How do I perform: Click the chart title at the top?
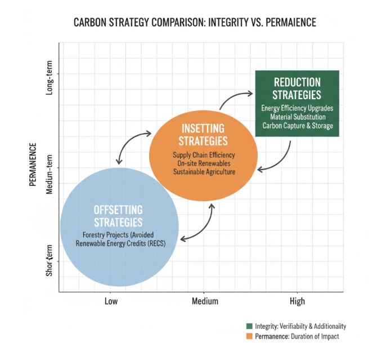click(193, 24)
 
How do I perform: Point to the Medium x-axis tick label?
click(205, 301)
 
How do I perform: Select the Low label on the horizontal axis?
click(111, 301)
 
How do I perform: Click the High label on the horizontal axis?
click(297, 301)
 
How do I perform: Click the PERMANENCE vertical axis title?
click(33, 165)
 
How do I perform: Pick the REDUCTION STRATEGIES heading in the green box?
click(297, 88)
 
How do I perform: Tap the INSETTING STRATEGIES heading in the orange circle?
click(203, 134)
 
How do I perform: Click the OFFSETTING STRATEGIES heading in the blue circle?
click(118, 215)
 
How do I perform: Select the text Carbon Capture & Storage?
click(297, 125)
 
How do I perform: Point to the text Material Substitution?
click(297, 117)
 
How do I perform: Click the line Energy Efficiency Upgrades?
click(297, 108)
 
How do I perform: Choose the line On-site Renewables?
click(203, 163)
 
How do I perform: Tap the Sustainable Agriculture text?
click(203, 171)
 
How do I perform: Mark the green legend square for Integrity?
click(249, 326)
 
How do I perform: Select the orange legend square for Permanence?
click(249, 336)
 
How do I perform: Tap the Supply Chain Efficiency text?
click(203, 154)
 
